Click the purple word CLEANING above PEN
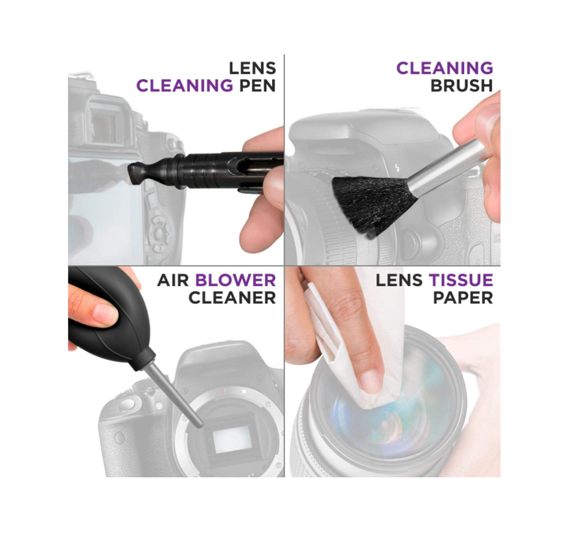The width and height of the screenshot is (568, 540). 184,86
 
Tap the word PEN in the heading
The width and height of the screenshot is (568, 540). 258,86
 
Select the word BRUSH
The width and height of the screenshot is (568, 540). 462,86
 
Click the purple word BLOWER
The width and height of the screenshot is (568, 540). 236,280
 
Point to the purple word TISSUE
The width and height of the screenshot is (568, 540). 461,280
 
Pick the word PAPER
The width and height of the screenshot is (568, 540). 463,298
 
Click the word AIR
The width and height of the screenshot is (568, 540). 173,280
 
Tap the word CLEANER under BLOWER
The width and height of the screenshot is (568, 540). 232,298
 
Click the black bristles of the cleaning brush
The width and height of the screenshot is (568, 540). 373,205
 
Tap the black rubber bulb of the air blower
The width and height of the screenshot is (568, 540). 109,319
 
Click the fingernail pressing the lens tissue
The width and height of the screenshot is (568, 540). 371,382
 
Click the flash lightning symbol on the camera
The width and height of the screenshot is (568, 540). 398,168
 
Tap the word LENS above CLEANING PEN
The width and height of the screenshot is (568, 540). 252,68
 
